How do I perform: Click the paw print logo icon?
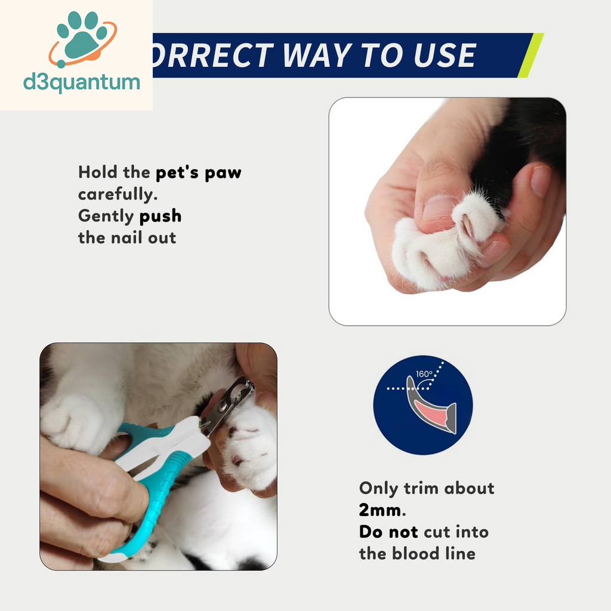pyautogui.click(x=82, y=39)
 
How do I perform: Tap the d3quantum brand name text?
pyautogui.click(x=81, y=82)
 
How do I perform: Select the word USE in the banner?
pyautogui.click(x=445, y=55)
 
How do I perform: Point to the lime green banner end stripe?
pyautogui.click(x=530, y=55)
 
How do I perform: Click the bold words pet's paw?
pyautogui.click(x=198, y=172)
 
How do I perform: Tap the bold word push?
pyautogui.click(x=160, y=216)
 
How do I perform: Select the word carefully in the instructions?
pyautogui.click(x=118, y=194)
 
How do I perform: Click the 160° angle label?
pyautogui.click(x=424, y=374)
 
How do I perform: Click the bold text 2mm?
pyautogui.click(x=382, y=510)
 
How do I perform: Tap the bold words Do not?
pyautogui.click(x=388, y=532)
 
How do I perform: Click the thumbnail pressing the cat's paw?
pyautogui.click(x=440, y=208)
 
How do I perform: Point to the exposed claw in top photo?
pyautogui.click(x=467, y=226)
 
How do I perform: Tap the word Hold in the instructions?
pyautogui.click(x=97, y=172)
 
